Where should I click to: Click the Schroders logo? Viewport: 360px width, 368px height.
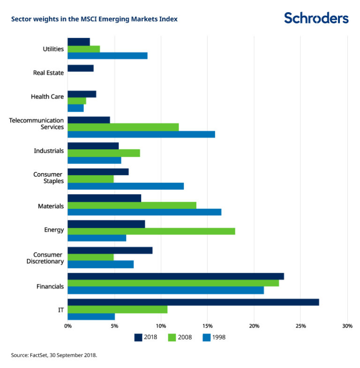pyautogui.click(x=316, y=18)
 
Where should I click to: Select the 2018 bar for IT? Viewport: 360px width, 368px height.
pyautogui.click(x=193, y=302)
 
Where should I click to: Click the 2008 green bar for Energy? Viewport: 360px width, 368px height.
pyautogui.click(x=151, y=231)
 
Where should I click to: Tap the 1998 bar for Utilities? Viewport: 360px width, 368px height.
pyautogui.click(x=107, y=55)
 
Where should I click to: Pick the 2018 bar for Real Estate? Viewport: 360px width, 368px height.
pyautogui.click(x=81, y=68)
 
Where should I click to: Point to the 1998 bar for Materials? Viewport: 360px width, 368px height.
pyautogui.click(x=144, y=212)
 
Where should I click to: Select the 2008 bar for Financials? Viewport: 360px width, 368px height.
pyautogui.click(x=173, y=283)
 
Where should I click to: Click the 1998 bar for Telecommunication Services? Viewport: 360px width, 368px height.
pyautogui.click(x=141, y=134)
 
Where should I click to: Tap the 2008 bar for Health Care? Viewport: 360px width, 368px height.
pyautogui.click(x=77, y=101)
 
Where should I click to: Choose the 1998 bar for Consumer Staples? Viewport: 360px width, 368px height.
pyautogui.click(x=126, y=186)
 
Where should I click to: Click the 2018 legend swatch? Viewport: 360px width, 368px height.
pyautogui.click(x=138, y=337)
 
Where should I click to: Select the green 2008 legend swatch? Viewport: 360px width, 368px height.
pyautogui.click(x=172, y=337)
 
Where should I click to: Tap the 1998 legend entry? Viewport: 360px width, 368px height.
pyautogui.click(x=214, y=337)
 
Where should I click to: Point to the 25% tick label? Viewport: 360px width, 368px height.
pyautogui.click(x=300, y=326)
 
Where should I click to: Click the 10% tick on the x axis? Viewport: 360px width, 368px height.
pyautogui.click(x=161, y=326)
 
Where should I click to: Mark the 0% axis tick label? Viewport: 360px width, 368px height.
pyautogui.click(x=68, y=326)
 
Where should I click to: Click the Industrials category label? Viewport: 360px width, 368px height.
pyautogui.click(x=49, y=151)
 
